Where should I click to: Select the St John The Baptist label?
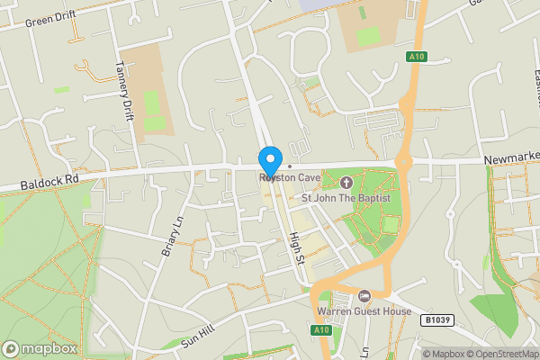click(x=346, y=197)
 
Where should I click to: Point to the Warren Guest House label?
click(x=364, y=311)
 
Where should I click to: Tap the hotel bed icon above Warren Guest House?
click(x=364, y=296)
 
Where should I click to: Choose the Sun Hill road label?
click(x=200, y=338)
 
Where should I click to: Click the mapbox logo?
click(x=39, y=348)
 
